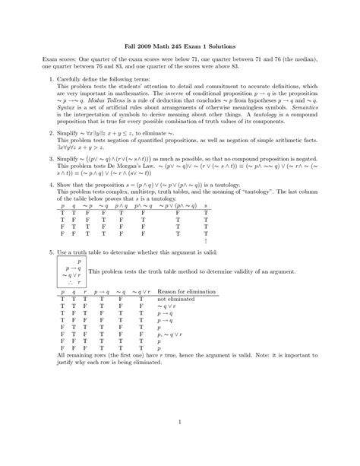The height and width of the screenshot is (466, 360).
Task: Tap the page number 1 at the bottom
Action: [x=179, y=423]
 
